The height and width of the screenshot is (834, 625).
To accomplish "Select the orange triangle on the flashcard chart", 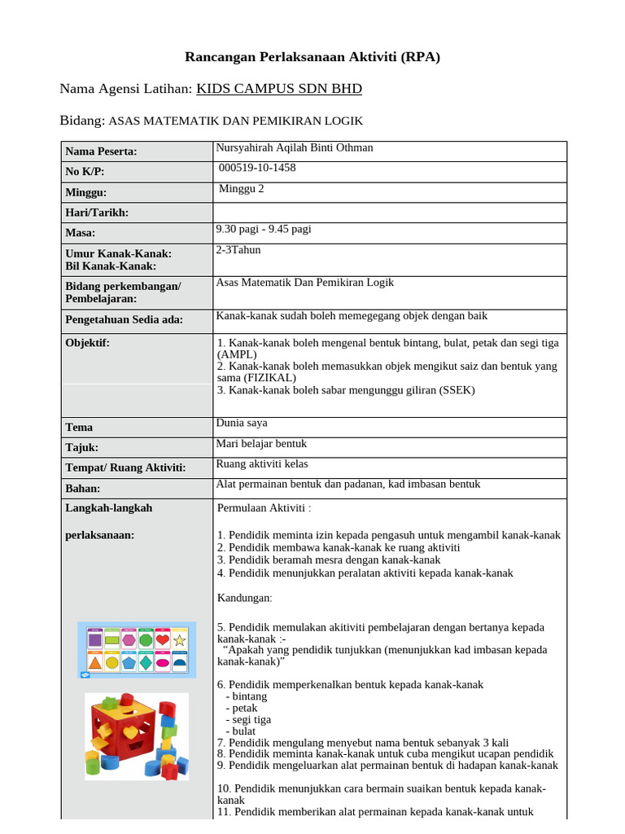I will pos(95,663).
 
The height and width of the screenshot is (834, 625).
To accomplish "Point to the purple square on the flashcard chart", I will pos(95,641).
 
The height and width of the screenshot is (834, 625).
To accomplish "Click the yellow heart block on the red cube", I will pos(131,732).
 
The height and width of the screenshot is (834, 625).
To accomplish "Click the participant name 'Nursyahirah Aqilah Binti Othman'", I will pos(295,147).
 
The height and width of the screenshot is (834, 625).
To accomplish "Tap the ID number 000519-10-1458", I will pos(258,168).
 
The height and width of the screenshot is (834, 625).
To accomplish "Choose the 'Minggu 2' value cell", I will pos(242,188).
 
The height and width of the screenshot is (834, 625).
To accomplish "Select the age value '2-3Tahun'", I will pos(238,250).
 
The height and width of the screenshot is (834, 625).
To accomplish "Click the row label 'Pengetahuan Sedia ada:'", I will pos(124,319).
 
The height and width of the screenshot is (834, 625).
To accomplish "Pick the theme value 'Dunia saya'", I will pos(242,423).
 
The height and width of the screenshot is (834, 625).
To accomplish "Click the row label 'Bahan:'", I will pos(82,488).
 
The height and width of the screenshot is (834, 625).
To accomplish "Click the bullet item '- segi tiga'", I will pos(248,719).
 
